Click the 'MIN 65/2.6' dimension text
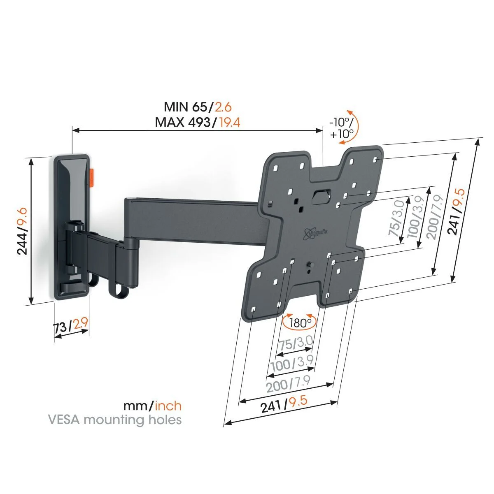coord(198,107)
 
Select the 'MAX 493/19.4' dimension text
coord(198,122)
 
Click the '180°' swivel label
coord(300,323)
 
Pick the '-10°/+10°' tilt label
coord(341,128)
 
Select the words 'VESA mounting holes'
coord(115,420)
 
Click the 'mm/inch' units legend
coord(152,406)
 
